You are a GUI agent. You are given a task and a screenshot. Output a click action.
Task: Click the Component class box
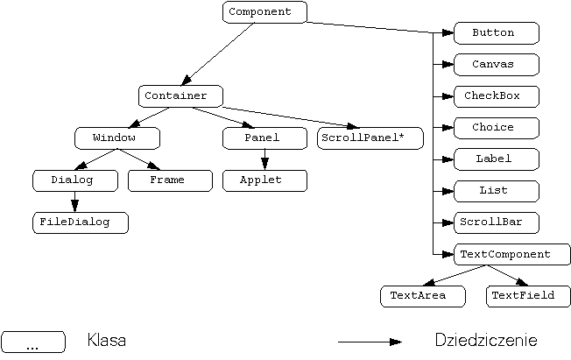[x=264, y=12]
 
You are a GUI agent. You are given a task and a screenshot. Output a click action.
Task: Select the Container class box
[x=180, y=95]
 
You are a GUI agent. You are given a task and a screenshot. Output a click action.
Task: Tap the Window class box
[x=117, y=138]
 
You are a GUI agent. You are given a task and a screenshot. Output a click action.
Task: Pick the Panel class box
[x=264, y=138]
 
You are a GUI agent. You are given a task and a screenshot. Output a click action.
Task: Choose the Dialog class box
[x=74, y=180]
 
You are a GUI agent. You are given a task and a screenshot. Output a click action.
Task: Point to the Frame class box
[x=170, y=180]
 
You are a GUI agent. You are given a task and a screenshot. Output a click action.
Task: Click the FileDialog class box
[x=80, y=222]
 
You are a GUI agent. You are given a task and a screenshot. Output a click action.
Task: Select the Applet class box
[x=264, y=180]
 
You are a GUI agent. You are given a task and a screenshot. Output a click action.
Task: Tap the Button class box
[x=496, y=33]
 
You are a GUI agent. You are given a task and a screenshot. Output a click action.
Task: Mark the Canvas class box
[x=496, y=65]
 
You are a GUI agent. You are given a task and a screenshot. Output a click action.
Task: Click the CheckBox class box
[x=496, y=96]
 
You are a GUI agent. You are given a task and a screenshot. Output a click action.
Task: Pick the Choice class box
[x=496, y=128]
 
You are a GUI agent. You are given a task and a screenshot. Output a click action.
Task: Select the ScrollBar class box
[x=496, y=222]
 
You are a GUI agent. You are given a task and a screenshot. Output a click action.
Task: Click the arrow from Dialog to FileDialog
[x=74, y=201]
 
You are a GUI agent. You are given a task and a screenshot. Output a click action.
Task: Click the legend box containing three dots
[x=33, y=342]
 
